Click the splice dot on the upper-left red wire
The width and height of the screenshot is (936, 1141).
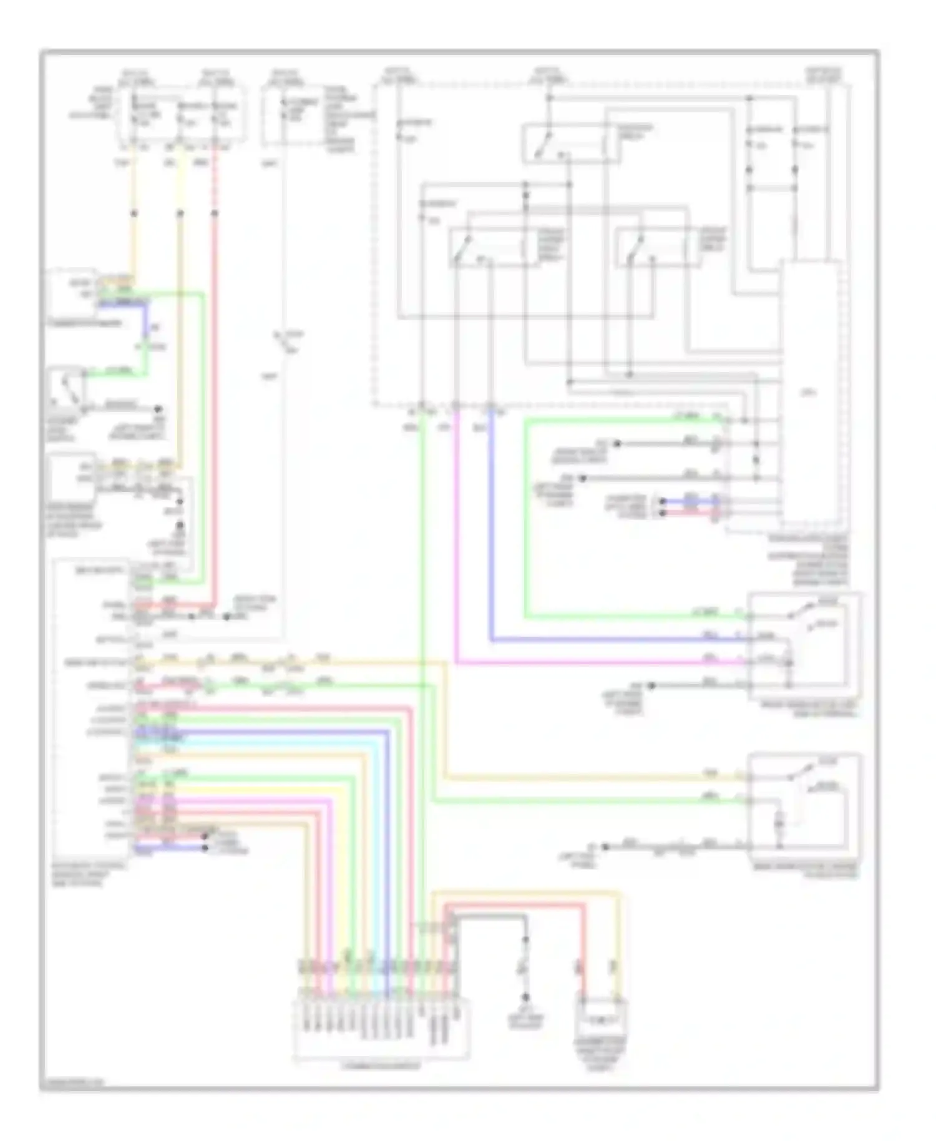point(215,213)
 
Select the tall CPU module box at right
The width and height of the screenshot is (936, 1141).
point(811,393)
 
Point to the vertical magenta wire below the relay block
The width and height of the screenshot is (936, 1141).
point(457,531)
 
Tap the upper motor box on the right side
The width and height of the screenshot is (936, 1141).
point(805,646)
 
